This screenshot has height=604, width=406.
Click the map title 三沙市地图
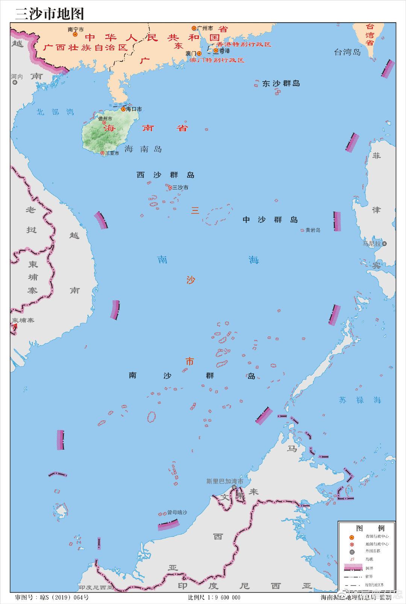point(49,14)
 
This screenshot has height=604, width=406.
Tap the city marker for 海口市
point(123,109)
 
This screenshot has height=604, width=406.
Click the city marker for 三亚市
point(103,153)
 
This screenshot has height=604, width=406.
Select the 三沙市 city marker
point(170,187)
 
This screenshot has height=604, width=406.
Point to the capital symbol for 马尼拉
point(384,243)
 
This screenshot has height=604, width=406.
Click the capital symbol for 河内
point(15,82)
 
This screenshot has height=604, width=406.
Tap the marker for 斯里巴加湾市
point(234,487)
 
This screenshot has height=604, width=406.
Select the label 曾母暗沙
point(177,513)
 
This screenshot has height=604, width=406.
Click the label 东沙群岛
point(281,84)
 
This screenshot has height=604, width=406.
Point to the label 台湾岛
point(347,52)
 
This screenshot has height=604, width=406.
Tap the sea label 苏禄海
point(360,400)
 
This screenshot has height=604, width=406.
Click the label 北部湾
point(55,112)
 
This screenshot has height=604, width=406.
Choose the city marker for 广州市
point(194,28)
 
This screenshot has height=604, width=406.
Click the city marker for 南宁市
point(75,34)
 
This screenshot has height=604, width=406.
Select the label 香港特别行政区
point(244,44)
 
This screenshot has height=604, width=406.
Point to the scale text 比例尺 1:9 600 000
point(214,597)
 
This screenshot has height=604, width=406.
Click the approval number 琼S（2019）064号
point(52,597)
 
